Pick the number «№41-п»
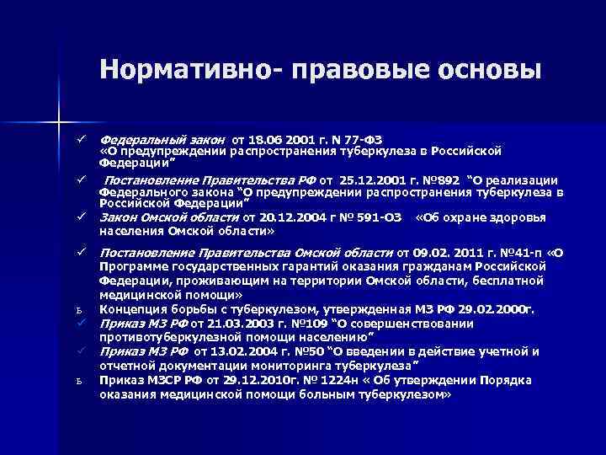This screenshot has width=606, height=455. [x=521, y=252]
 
